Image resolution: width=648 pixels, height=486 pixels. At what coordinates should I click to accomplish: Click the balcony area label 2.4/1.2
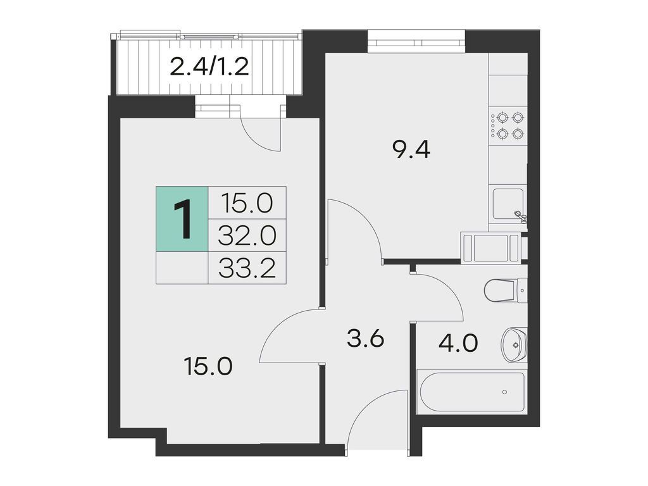coord(209,67)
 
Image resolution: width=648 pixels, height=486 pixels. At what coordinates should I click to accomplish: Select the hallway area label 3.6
coord(366,339)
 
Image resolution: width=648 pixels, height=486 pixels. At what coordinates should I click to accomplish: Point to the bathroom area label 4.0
coord(459,342)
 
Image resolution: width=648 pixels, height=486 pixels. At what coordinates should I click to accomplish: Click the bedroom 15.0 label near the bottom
coord(209,366)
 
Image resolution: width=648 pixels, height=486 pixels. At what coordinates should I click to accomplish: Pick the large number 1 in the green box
coord(182,219)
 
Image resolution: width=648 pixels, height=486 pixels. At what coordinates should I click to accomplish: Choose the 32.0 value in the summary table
coord(247,236)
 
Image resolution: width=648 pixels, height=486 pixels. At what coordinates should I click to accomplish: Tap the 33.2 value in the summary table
coord(247,268)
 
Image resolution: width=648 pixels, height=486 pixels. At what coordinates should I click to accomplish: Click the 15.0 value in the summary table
coord(247,203)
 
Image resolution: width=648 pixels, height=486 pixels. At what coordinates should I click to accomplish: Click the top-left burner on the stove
coord(502,118)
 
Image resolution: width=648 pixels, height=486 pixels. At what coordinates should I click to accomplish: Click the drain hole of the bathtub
coord(504,392)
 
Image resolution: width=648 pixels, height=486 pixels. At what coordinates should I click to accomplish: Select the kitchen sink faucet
coord(520,215)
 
